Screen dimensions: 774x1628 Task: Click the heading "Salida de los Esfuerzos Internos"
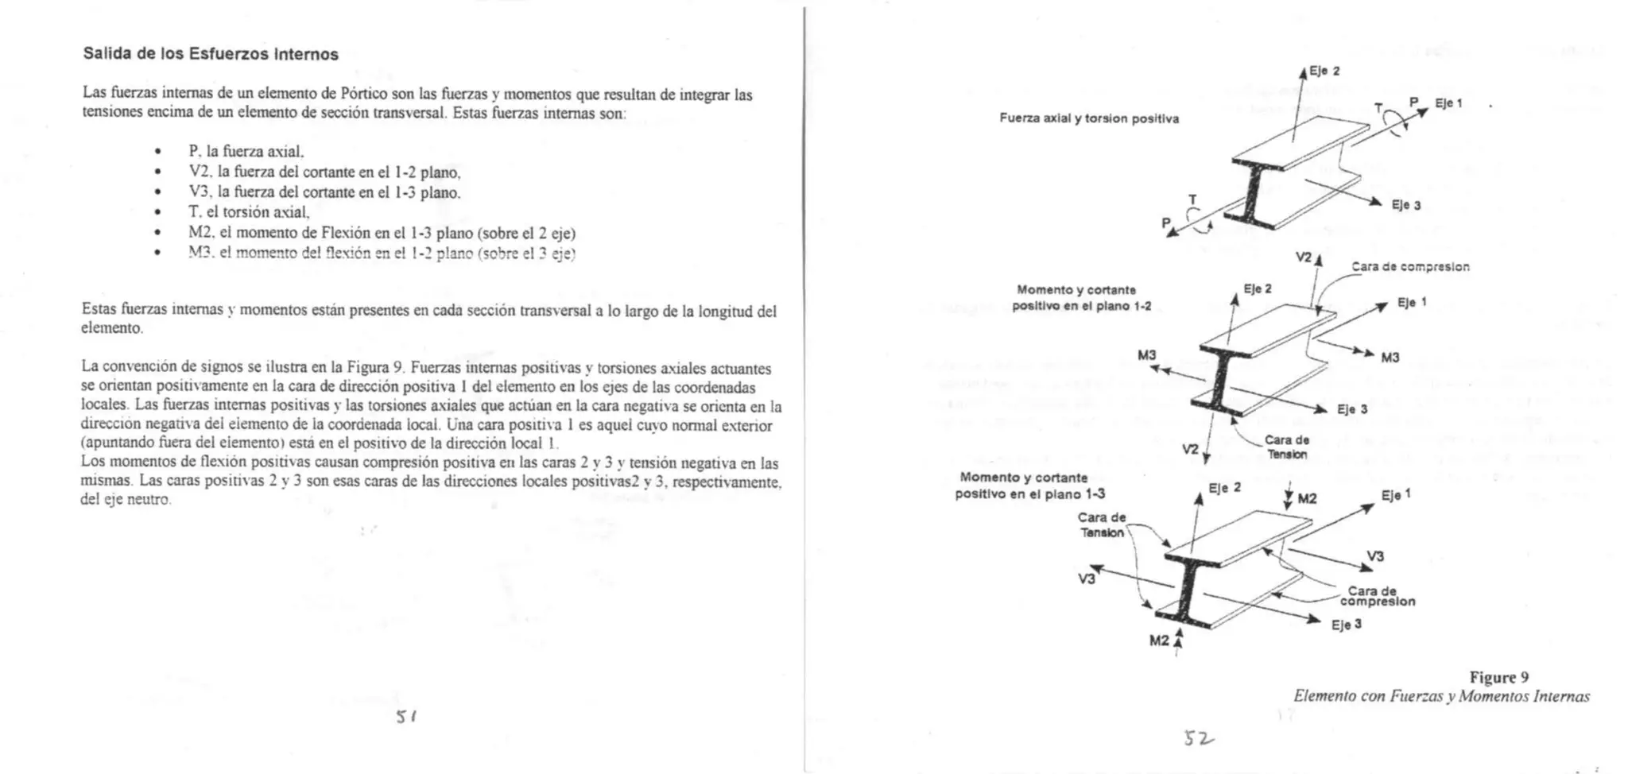[x=211, y=54]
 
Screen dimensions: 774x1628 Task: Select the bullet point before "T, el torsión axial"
[x=159, y=212]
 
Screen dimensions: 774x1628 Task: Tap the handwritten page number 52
[x=1199, y=739]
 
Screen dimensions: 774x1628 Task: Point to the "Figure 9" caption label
[x=1498, y=677]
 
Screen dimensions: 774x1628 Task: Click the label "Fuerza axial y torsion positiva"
[x=1089, y=118]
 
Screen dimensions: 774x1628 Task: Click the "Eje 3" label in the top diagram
[x=1405, y=205]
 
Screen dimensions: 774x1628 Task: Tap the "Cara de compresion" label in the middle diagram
[x=1410, y=267]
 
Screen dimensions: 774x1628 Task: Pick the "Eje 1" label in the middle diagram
[x=1412, y=302]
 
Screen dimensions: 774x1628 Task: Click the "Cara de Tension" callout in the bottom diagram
[x=1102, y=524]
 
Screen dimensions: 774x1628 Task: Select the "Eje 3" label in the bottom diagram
[x=1347, y=625]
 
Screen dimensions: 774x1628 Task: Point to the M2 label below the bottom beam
[x=1159, y=640]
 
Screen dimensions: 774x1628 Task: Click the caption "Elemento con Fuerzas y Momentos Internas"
[x=1441, y=696]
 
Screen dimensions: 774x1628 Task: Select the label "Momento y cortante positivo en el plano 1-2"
[x=1081, y=298]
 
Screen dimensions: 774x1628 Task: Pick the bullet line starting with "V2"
[x=324, y=172]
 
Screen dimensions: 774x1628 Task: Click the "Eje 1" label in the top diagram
[x=1448, y=103]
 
